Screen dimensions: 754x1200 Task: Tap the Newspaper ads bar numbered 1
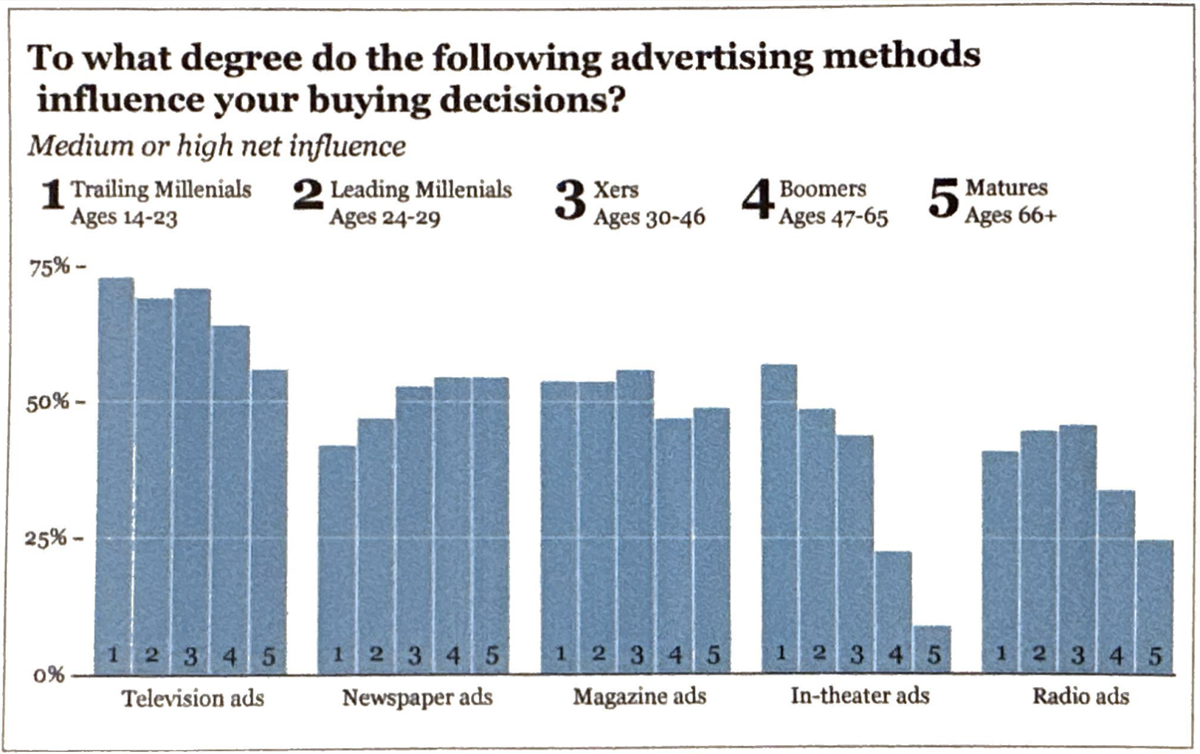pos(337,558)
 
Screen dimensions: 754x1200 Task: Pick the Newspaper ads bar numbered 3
pos(414,529)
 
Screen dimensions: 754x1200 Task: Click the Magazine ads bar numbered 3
pos(635,521)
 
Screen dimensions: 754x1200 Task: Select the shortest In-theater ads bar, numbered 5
pos(933,649)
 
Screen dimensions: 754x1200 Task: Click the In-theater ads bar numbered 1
pos(779,518)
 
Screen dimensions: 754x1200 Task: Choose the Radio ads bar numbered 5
pos(1155,606)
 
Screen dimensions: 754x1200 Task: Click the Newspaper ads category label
pos(417,698)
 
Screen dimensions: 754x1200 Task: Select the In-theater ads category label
pos(860,696)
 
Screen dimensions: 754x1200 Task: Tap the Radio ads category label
pos(1080,696)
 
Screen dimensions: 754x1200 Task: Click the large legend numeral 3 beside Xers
pos(570,201)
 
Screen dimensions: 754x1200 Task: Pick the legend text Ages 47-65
pos(833,217)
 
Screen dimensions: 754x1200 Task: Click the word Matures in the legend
pos(1006,187)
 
